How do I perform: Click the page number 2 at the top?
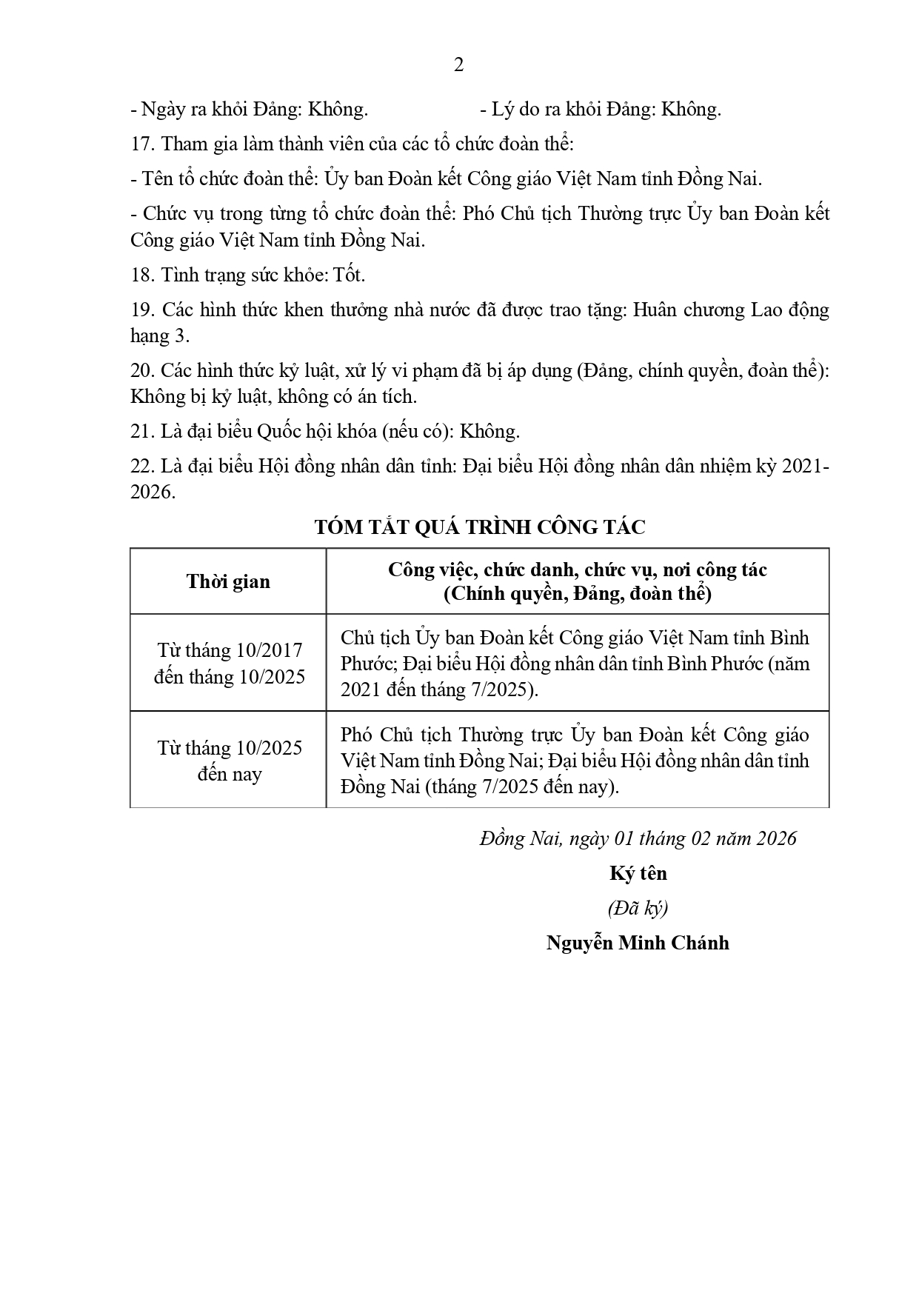point(458,65)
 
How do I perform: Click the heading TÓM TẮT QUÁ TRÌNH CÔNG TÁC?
point(480,527)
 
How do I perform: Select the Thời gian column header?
point(228,581)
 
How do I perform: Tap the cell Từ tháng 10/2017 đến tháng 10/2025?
point(229,664)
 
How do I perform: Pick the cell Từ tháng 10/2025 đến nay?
point(229,761)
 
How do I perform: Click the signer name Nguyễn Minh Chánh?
point(638,943)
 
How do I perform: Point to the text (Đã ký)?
point(638,908)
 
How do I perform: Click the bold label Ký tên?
point(638,873)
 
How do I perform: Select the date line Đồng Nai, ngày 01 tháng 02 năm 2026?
point(638,838)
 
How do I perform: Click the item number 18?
point(141,276)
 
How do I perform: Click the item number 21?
point(141,432)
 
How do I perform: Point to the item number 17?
point(141,144)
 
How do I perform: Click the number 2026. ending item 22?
point(153,492)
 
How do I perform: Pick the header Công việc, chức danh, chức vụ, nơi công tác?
point(578,570)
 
